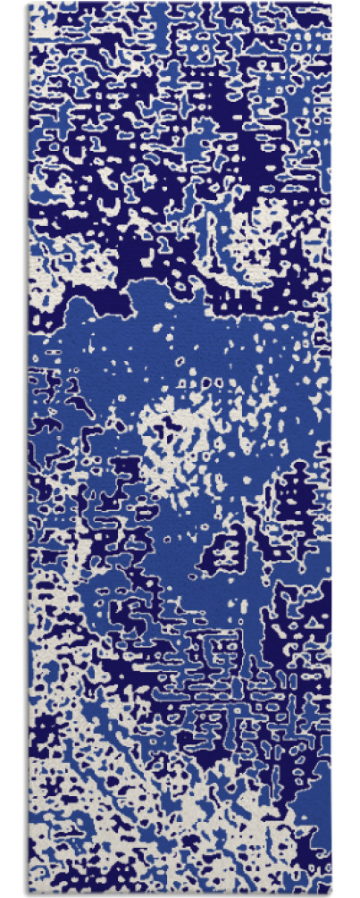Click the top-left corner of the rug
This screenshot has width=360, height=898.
click(28, 4)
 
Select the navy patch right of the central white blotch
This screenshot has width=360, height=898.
click(295, 500)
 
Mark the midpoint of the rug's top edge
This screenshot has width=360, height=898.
click(180, 4)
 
